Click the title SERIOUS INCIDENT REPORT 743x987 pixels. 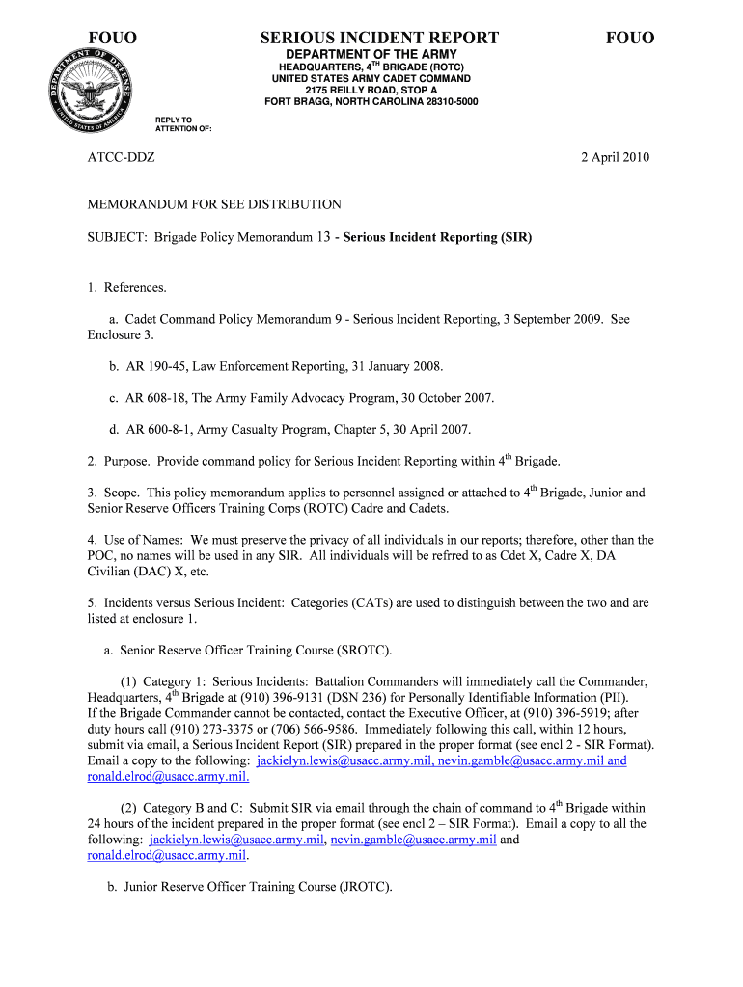pyautogui.click(x=379, y=38)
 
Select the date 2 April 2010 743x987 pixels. pyautogui.click(x=615, y=157)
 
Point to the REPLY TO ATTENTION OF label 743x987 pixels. pyautogui.click(x=183, y=124)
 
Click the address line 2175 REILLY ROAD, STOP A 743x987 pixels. pyautogui.click(x=371, y=90)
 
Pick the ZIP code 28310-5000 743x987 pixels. pyautogui.click(x=444, y=101)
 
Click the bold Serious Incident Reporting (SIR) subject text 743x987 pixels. pyautogui.click(x=437, y=236)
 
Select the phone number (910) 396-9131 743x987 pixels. pyautogui.click(x=244, y=698)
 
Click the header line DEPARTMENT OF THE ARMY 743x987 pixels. pyautogui.click(x=371, y=54)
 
